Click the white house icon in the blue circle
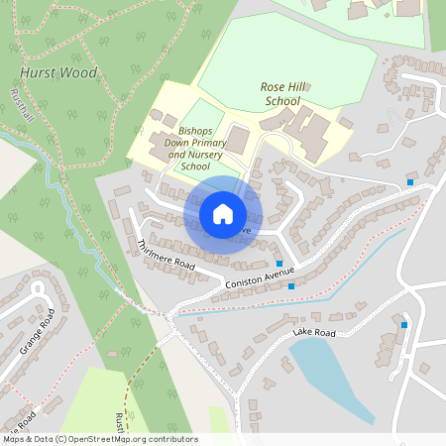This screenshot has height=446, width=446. tap(222, 214)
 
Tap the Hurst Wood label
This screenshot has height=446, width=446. tap(58, 73)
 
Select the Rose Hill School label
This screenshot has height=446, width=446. tap(280, 94)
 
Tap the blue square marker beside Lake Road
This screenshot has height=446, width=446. tap(404, 324)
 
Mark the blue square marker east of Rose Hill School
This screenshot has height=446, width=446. tap(410, 181)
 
